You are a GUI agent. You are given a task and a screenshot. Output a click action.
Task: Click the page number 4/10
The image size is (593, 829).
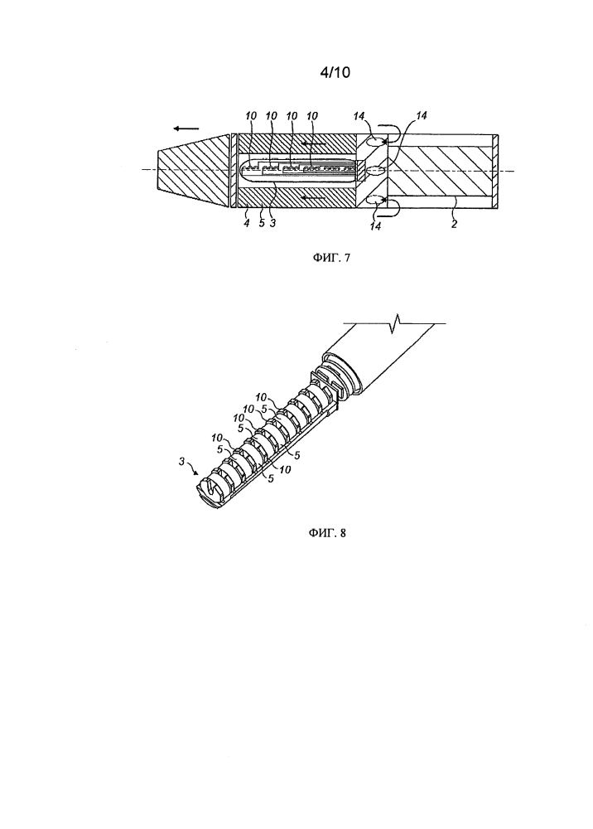(x=335, y=72)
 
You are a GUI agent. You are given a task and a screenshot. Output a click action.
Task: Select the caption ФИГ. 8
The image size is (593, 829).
(x=327, y=532)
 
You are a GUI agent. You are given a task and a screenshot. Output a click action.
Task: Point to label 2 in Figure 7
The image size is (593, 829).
(x=454, y=224)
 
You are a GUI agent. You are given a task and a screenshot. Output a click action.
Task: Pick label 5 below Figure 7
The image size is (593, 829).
(x=262, y=223)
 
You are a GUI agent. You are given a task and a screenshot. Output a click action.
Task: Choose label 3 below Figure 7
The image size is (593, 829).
(x=272, y=223)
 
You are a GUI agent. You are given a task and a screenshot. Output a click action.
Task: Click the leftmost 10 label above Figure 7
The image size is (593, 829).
(x=251, y=116)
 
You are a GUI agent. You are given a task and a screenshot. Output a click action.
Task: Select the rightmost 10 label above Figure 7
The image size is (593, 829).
(x=312, y=116)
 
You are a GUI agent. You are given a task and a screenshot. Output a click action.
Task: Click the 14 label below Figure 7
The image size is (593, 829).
(x=375, y=226)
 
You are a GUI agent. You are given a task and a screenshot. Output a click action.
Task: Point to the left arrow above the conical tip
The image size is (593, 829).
(x=187, y=128)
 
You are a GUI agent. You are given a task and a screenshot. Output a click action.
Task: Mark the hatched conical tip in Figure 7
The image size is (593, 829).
(x=193, y=168)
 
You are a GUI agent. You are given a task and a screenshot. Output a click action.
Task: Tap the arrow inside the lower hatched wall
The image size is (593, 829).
(x=312, y=196)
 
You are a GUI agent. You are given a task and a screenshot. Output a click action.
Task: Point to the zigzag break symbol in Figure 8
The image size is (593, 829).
(x=395, y=322)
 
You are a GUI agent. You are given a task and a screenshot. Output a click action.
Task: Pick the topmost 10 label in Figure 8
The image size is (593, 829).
(x=262, y=396)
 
